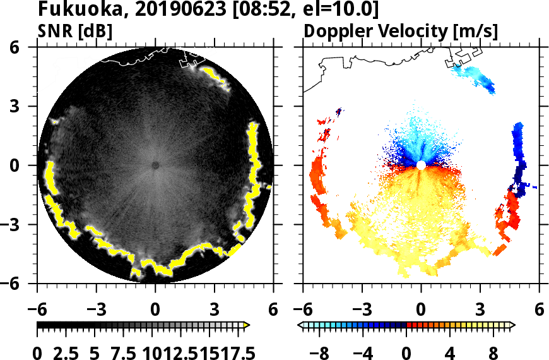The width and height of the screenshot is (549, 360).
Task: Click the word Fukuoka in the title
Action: point(74,11)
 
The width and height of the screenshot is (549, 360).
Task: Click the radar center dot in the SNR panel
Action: point(155,165)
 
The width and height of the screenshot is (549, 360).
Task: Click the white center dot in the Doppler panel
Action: point(421,165)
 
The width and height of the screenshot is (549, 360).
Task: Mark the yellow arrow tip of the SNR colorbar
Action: point(247,325)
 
